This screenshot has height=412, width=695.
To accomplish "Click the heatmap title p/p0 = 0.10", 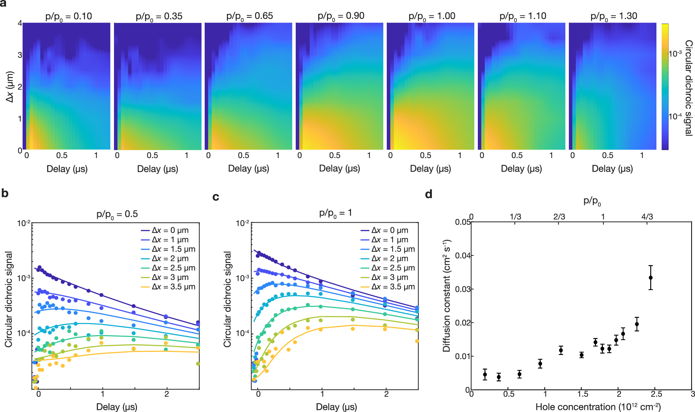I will pyautogui.click(x=68, y=16).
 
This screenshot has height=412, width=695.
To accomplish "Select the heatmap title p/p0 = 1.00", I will pyautogui.click(x=432, y=16).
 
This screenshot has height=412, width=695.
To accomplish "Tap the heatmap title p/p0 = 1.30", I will pyautogui.click(x=614, y=16).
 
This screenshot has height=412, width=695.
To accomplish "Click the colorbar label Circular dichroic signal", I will pyautogui.click(x=688, y=88).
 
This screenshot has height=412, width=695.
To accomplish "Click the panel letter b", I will pyautogui.click(x=5, y=193).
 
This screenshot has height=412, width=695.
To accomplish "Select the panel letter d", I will pyautogui.click(x=428, y=194).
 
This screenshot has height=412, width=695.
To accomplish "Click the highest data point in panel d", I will pyautogui.click(x=651, y=278).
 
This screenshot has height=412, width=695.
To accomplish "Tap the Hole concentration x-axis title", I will pyautogui.click(x=598, y=407).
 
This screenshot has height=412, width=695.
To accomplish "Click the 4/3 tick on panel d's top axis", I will pyautogui.click(x=647, y=217).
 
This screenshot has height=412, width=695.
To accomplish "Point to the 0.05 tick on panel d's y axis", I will pyautogui.click(x=463, y=222).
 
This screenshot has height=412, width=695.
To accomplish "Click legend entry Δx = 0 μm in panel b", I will pyautogui.click(x=170, y=230).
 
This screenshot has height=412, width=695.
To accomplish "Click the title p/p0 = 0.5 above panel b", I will pyautogui.click(x=117, y=214).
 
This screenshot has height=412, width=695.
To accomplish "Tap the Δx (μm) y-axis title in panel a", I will pyautogui.click(x=10, y=87).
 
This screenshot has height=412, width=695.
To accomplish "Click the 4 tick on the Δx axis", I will pyautogui.click(x=20, y=23).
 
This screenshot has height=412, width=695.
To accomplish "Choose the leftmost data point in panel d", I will pyautogui.click(x=485, y=374).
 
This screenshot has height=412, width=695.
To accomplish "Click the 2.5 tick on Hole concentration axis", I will pyautogui.click(x=656, y=394).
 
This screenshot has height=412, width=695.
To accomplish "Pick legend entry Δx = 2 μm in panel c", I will pyautogui.click(x=390, y=258).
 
